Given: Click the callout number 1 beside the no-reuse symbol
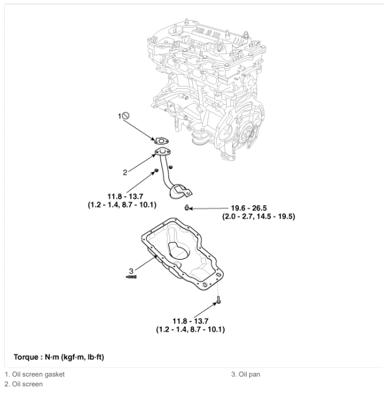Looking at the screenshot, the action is pyautogui.click(x=119, y=116).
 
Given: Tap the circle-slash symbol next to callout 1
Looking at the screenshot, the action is pyautogui.click(x=126, y=116).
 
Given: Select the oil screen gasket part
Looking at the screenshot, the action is pyautogui.click(x=162, y=140).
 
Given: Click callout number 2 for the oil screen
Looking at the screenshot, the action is pyautogui.click(x=125, y=173).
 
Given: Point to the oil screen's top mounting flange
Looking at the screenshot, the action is pyautogui.click(x=162, y=152).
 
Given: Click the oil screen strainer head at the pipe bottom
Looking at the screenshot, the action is pyautogui.click(x=179, y=192).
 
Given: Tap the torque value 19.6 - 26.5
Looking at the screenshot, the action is pyautogui.click(x=249, y=208).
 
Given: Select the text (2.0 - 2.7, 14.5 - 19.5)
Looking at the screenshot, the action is pyautogui.click(x=258, y=217).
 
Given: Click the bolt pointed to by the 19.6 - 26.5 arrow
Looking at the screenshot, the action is pyautogui.click(x=187, y=208).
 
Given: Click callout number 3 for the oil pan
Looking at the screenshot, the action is pyautogui.click(x=131, y=271).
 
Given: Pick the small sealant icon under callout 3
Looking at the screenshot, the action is pyautogui.click(x=131, y=277).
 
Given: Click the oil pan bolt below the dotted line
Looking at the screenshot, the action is pyautogui.click(x=219, y=300).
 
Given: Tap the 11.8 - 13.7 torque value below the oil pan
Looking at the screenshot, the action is pyautogui.click(x=190, y=321).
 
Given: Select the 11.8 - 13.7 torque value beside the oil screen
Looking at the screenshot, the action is pyautogui.click(x=125, y=197).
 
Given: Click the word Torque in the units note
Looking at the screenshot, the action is pyautogui.click(x=26, y=357).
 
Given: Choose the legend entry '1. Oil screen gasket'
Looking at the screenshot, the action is pyautogui.click(x=34, y=374).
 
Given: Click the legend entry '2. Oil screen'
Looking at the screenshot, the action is pyautogui.click(x=24, y=384).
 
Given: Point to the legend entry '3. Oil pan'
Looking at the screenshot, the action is pyautogui.click(x=246, y=374).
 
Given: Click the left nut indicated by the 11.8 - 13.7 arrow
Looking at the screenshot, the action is pyautogui.click(x=157, y=170).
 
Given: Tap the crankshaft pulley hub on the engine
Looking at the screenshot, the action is pyautogui.click(x=247, y=133).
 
